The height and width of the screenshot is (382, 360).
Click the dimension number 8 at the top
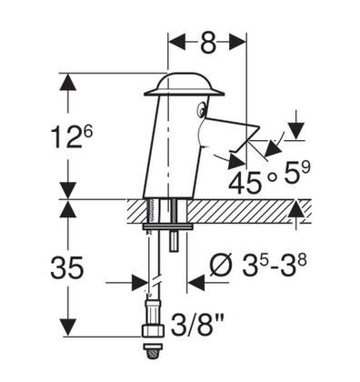pos(208,42)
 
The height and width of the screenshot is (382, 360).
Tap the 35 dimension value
pos(66,267)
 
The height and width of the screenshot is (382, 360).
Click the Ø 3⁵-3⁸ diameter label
pos(256,266)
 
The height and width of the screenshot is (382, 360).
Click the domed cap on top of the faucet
pos(185,85)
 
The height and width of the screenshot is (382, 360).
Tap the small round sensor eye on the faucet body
pos(201,110)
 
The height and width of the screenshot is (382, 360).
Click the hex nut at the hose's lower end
pos(153,330)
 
